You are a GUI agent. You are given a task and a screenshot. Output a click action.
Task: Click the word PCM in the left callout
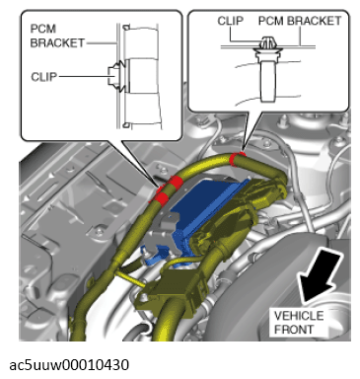click(43, 29)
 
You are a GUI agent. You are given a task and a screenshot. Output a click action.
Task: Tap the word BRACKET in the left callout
click(57, 43)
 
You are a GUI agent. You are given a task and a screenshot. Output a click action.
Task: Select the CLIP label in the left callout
click(44, 77)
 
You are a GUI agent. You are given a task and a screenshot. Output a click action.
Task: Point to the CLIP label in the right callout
click(231, 21)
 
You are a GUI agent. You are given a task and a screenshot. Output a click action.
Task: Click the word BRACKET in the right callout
click(314, 21)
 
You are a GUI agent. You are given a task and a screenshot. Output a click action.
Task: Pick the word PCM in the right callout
click(271, 21)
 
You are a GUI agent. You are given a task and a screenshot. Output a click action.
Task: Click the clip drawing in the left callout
click(117, 76)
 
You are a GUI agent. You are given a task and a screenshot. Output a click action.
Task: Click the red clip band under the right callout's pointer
click(238, 158)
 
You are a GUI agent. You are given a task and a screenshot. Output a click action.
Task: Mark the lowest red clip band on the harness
click(160, 198)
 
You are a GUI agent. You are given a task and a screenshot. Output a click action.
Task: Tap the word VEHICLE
click(299, 316)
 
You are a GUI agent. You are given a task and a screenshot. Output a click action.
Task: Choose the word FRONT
click(294, 330)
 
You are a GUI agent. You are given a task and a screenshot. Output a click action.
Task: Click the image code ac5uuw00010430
click(69, 365)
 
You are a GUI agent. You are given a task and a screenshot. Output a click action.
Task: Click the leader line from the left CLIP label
click(84, 77)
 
